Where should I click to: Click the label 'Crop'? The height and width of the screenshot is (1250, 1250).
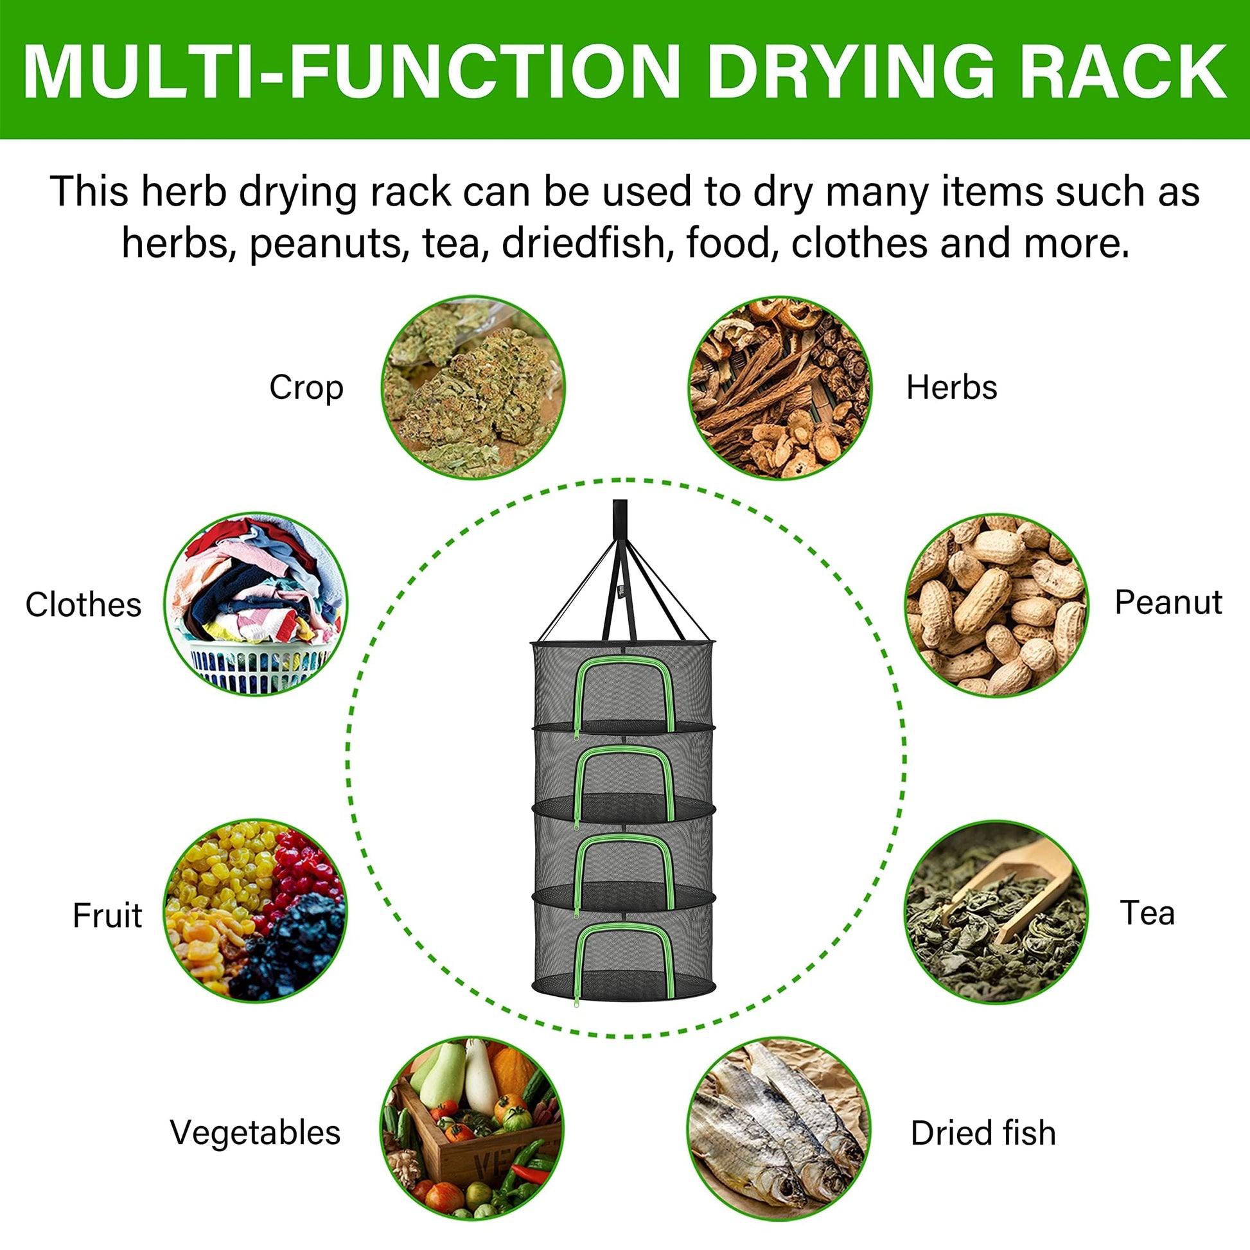click(x=306, y=388)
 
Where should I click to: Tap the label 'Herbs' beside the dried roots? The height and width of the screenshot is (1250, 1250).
click(x=951, y=387)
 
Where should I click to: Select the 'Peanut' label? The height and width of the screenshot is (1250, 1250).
click(x=1168, y=603)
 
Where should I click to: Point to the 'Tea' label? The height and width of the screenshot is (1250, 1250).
click(x=1147, y=913)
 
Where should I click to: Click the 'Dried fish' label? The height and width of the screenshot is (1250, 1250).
click(x=983, y=1133)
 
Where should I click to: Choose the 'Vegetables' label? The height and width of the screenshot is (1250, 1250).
click(x=255, y=1133)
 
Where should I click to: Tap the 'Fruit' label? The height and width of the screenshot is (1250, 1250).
click(x=107, y=915)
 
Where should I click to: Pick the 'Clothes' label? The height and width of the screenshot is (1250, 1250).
click(x=83, y=605)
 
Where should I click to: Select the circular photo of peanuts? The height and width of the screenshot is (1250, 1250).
click(x=996, y=605)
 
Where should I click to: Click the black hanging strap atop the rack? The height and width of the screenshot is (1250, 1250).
click(x=620, y=569)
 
